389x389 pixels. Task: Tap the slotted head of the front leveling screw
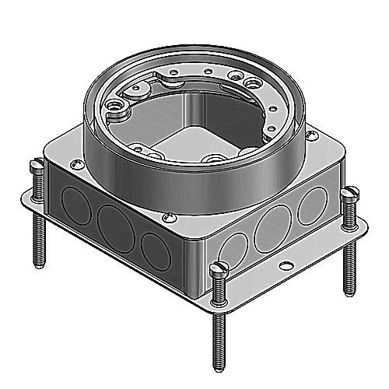point(217,271)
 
